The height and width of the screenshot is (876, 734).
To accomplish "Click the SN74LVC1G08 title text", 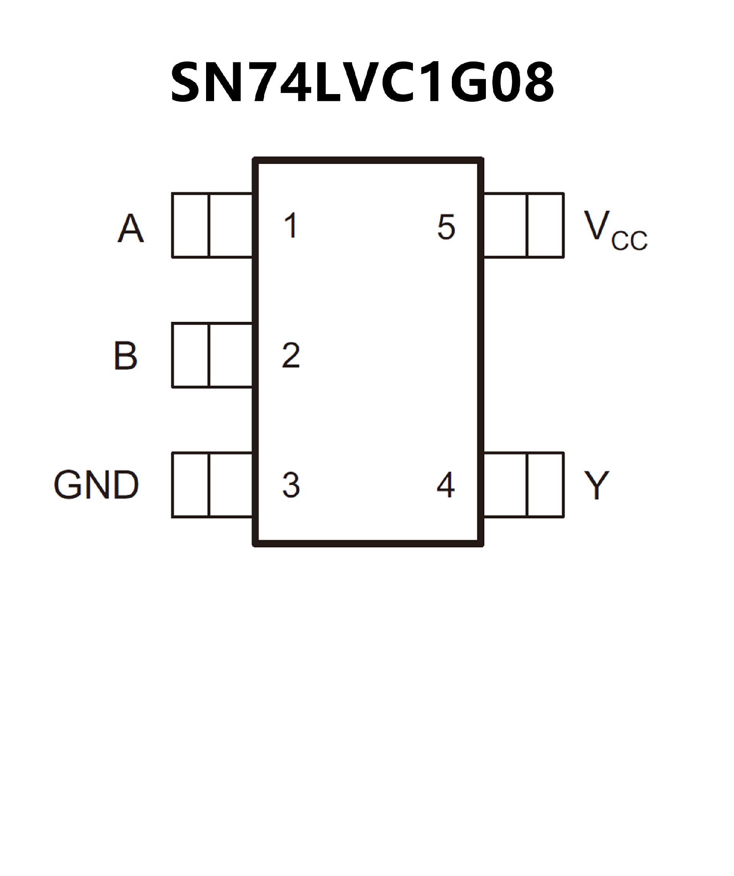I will (x=362, y=82).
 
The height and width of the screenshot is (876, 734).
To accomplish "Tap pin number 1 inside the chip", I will (x=291, y=225).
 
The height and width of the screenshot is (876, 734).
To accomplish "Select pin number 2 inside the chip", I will (x=291, y=355).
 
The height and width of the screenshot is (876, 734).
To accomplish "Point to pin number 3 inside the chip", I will (x=291, y=485).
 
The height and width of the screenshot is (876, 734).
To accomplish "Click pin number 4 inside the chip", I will (x=445, y=485).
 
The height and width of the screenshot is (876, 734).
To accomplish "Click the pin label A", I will (x=130, y=228).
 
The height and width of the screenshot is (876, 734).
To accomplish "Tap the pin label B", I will (x=125, y=356).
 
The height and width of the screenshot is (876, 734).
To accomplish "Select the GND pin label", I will (x=96, y=485).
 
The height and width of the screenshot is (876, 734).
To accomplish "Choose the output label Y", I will (x=596, y=485).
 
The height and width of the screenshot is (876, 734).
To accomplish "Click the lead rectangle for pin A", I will (x=212, y=225).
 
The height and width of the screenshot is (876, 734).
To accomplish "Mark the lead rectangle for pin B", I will (x=212, y=355).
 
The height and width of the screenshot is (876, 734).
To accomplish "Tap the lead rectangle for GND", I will (x=212, y=485).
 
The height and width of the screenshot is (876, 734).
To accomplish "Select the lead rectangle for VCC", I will (x=524, y=225).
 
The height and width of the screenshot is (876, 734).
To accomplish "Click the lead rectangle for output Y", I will (x=524, y=485).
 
